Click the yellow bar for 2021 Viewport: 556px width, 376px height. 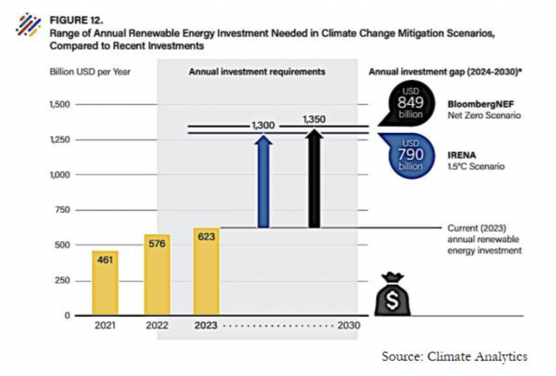[x=105, y=283]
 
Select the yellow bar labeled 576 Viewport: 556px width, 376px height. [x=157, y=274]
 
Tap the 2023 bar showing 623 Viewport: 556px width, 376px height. [x=206, y=271]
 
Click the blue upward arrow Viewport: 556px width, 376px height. [x=263, y=181]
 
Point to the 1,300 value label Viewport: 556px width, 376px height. [x=263, y=126]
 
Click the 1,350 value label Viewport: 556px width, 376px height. [x=314, y=119]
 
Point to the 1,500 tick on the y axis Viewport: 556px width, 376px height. [x=60, y=104]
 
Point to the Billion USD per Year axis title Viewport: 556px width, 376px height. [x=90, y=72]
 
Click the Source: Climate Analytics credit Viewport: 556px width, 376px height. [x=454, y=356]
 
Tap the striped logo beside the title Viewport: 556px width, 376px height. [x=28, y=25]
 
